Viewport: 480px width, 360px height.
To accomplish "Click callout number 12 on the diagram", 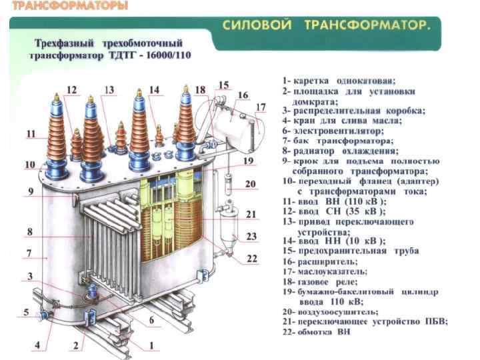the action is pyautogui.click(x=71, y=89).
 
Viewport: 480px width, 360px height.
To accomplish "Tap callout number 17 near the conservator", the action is pyautogui.click(x=261, y=107).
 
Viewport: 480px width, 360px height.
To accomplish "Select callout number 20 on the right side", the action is pyautogui.click(x=250, y=183).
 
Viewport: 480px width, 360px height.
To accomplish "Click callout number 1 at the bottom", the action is pyautogui.click(x=151, y=345).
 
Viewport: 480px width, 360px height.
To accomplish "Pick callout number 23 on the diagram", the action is pyautogui.click(x=251, y=236).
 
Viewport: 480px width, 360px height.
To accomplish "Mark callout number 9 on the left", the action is pyautogui.click(x=31, y=191).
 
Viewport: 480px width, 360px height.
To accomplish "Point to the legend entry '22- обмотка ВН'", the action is pyautogui.click(x=327, y=331).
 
